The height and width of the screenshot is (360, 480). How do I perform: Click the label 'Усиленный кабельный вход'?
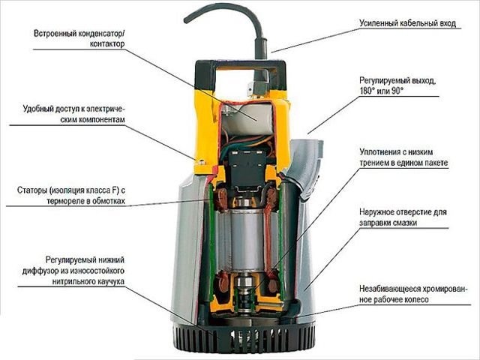407,23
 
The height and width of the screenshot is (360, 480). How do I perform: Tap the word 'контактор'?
107,43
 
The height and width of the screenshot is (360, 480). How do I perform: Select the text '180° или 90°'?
382,91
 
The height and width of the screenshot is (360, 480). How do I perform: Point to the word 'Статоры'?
31,190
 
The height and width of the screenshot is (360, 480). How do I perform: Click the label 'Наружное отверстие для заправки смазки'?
403,217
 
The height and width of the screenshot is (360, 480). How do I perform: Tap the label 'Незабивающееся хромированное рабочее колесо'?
414,294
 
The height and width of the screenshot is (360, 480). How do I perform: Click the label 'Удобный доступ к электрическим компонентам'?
74,115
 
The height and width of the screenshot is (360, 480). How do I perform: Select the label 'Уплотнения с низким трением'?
403,157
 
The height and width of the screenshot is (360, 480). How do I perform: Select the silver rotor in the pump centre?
247,239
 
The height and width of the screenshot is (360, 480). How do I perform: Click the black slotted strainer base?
244,338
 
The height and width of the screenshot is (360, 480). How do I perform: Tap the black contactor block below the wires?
248,169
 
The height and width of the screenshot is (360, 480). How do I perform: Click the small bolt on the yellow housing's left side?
200,162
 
